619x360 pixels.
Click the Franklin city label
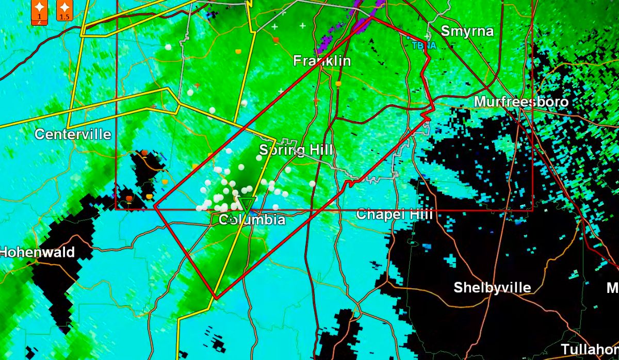322,61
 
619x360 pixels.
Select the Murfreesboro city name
521,102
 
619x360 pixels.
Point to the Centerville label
73,135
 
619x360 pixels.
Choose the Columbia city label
252,220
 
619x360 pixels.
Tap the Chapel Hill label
394,214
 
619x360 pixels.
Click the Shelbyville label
492,287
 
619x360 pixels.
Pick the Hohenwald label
37,253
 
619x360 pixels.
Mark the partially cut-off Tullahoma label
590,349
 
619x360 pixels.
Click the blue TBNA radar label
424,45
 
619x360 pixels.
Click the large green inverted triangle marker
247,204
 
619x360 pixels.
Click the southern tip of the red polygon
216,298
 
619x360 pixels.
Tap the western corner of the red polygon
154,205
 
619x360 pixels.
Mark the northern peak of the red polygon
372,17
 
